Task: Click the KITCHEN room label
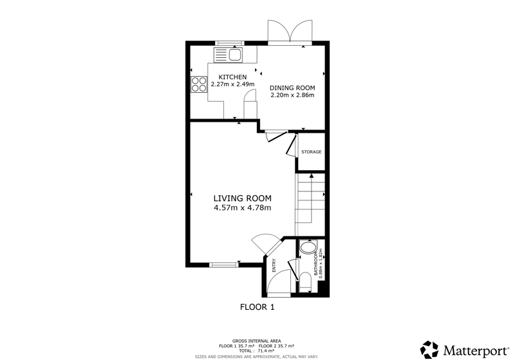point(232,77)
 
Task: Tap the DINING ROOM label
point(292,88)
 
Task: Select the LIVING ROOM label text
point(243,198)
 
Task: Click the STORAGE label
point(312,152)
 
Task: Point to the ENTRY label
point(274,265)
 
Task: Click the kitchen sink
point(228,55)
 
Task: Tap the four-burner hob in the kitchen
point(199,84)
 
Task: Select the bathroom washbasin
point(308,247)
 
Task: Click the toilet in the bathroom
point(305,282)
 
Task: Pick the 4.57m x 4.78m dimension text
point(243,208)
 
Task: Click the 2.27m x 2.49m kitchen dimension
point(232,84)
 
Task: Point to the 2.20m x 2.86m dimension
point(292,95)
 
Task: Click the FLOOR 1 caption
point(257,307)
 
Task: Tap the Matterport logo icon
point(429,350)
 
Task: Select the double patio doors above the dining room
point(290,33)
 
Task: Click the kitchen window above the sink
point(230,43)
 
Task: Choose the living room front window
point(224,264)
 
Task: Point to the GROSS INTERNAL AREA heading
point(256,341)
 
